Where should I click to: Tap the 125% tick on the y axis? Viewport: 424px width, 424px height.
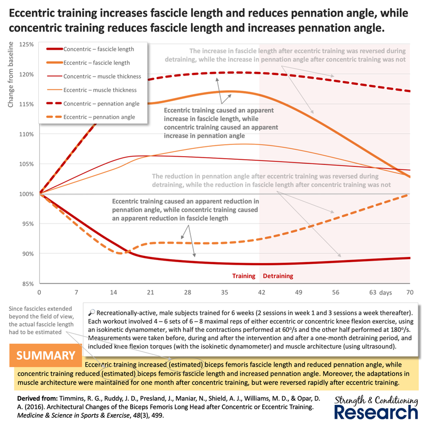tap(26, 44)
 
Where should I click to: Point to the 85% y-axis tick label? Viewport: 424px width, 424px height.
tap(26, 284)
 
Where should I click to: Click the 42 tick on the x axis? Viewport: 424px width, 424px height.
tap(262, 292)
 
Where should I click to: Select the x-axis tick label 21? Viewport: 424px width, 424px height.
tap(150, 292)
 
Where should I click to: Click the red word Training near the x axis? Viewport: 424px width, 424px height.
tap(244, 276)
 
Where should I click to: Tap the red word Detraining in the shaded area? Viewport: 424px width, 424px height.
tap(278, 276)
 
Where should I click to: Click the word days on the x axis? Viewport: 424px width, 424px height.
tap(385, 293)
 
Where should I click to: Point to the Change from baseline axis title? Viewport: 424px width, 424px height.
tap(10, 74)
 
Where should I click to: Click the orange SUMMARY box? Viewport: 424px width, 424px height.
tap(46, 355)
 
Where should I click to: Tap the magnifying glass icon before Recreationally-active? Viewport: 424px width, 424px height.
tap(92, 313)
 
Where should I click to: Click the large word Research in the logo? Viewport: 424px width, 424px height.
tap(376, 413)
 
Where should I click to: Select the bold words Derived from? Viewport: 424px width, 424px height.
tap(37, 398)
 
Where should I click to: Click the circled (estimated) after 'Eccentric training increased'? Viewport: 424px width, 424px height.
tap(186, 365)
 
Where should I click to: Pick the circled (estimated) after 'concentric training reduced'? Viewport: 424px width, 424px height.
tap(118, 374)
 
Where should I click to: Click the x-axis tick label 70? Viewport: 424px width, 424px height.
tap(410, 292)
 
